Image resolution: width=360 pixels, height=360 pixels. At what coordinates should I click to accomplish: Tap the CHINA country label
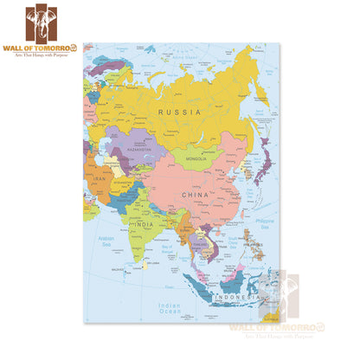[193, 196]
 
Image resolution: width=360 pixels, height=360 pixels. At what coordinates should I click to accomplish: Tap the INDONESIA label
[235, 298]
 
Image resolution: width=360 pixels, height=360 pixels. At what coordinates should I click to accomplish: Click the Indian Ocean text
[168, 306]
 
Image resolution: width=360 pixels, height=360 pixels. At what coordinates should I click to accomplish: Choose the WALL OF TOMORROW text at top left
[42, 48]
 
